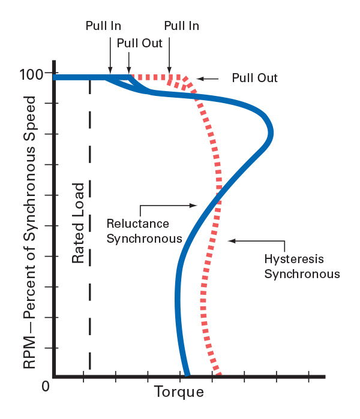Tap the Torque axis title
(x=179, y=393)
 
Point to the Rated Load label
(x=77, y=228)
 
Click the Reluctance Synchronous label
(x=144, y=231)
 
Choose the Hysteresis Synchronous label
(x=302, y=267)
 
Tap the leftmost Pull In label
(x=103, y=26)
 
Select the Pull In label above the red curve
(x=181, y=26)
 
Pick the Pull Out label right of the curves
(x=255, y=78)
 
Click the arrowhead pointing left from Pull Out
(x=200, y=79)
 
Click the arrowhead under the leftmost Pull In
(x=109, y=71)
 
